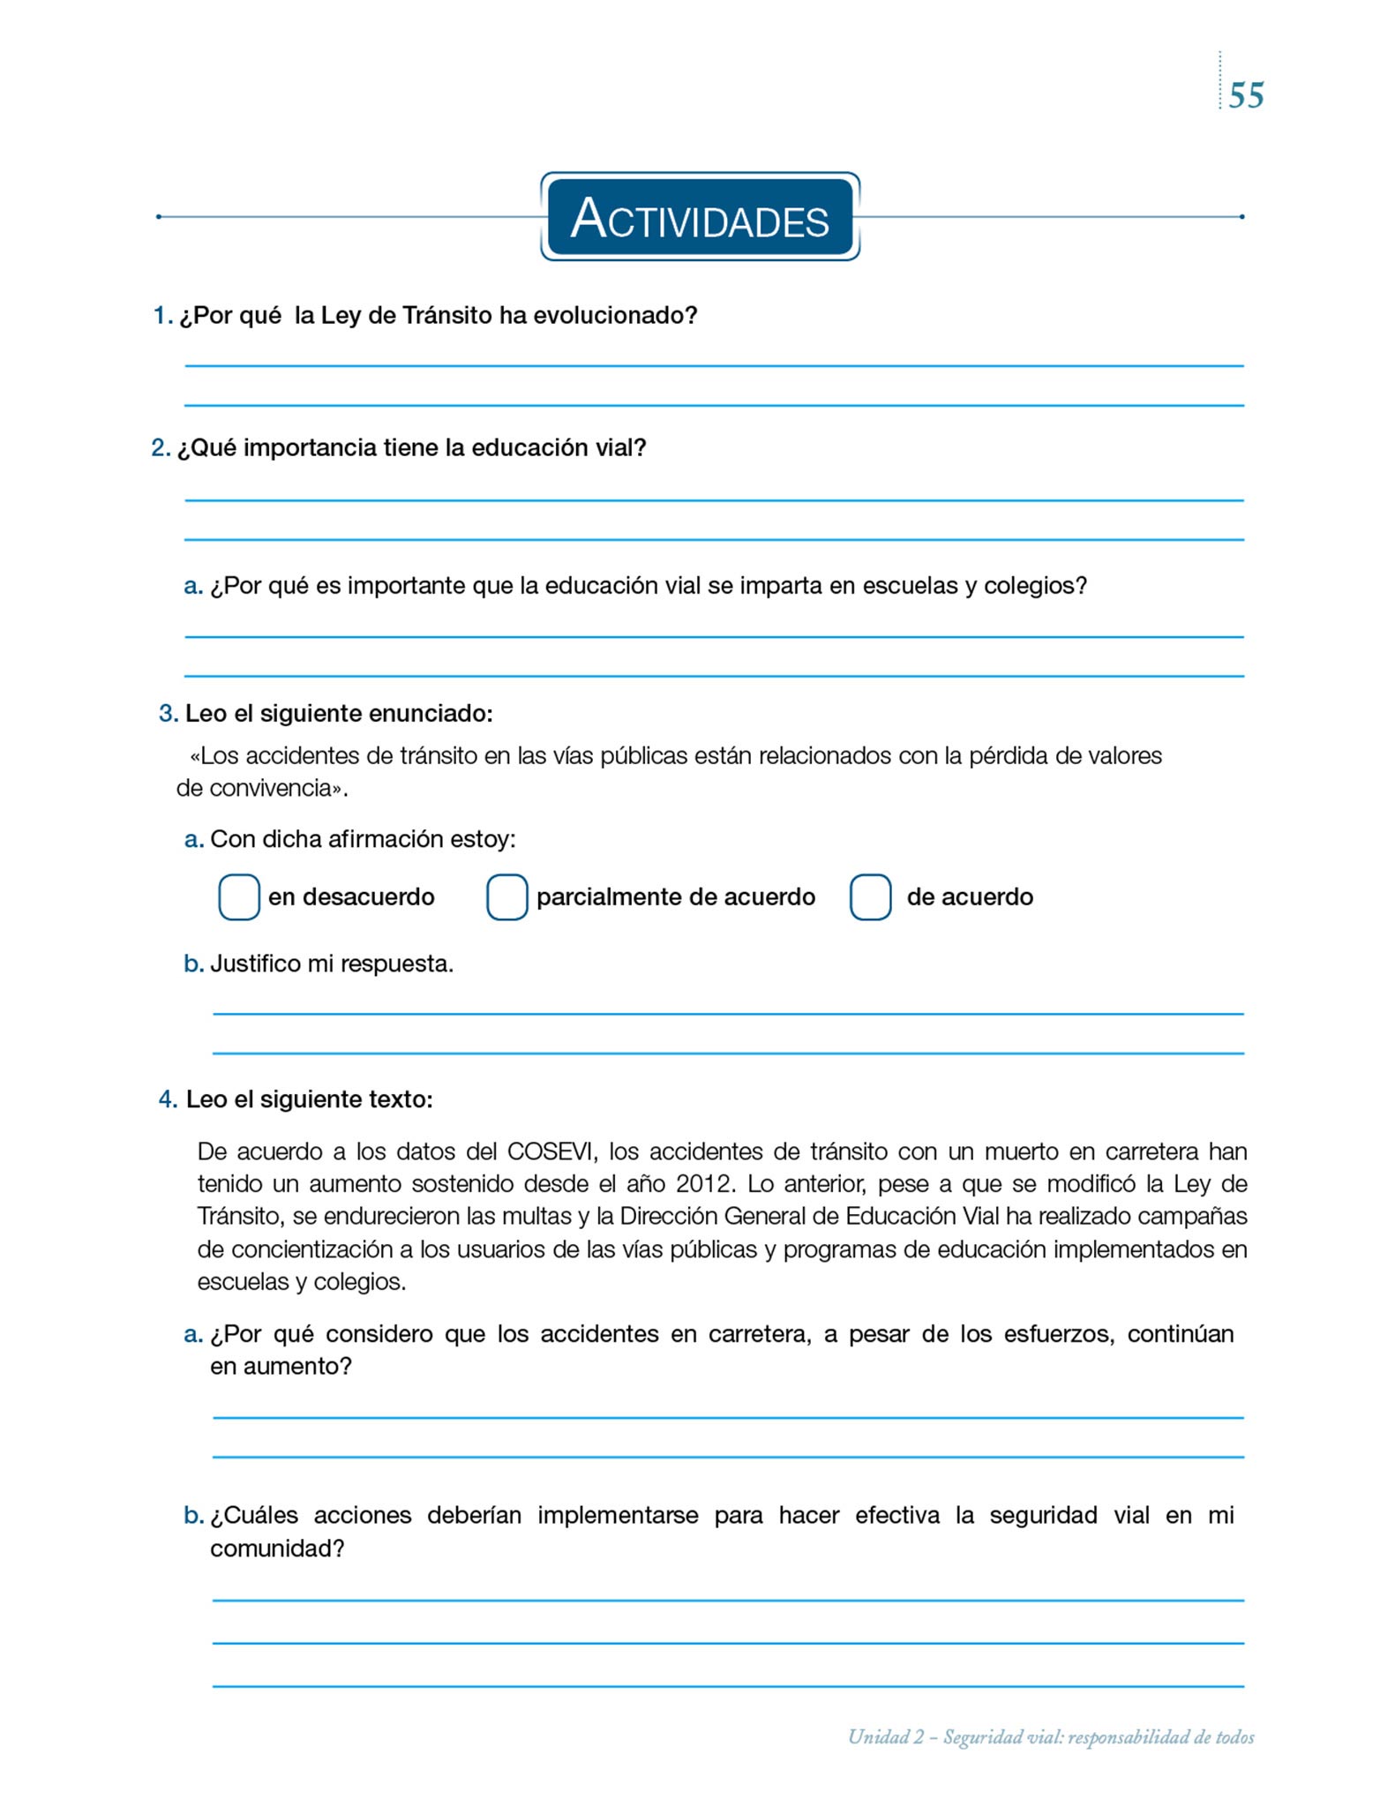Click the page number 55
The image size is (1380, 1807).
point(1246,95)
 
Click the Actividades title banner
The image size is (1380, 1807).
point(700,217)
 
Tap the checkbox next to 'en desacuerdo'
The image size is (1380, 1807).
point(239,896)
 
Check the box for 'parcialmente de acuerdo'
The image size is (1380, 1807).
point(507,896)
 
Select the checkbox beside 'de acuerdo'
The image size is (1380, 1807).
point(870,896)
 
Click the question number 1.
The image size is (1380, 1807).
point(161,315)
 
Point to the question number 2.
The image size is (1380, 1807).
point(160,447)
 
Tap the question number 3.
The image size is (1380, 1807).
point(168,713)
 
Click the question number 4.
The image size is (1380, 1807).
point(168,1098)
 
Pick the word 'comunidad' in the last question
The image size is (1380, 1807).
point(271,1548)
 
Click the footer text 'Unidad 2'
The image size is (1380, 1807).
point(886,1736)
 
